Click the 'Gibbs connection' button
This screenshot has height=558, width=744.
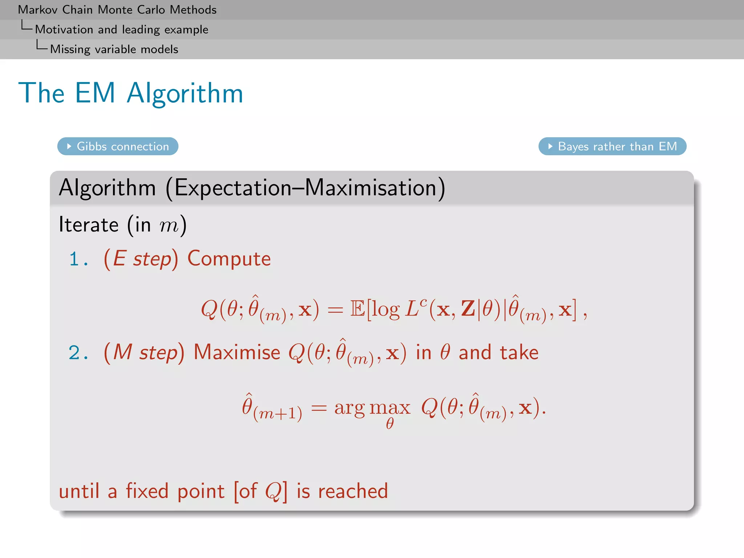point(118,146)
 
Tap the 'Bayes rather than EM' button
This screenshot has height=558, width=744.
point(612,146)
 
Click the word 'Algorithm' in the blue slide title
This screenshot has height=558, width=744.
point(185,94)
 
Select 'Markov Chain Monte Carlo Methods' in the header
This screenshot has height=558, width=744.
point(117,10)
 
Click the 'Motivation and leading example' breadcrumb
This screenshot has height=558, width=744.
point(121,29)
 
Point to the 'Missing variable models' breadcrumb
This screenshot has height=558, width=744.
point(114,49)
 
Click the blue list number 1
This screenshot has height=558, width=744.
point(74,259)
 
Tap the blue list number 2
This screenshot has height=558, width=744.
point(74,353)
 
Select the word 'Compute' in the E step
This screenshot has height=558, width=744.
point(229,259)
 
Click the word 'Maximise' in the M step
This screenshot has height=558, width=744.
point(237,352)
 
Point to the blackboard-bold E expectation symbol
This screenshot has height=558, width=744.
point(357,310)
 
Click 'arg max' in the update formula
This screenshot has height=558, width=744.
point(372,408)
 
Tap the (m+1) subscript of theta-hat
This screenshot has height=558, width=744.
point(278,413)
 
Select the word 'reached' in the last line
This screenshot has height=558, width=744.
point(353,491)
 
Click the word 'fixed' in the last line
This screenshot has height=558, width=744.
point(147,491)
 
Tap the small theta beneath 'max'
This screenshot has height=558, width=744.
point(390,424)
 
